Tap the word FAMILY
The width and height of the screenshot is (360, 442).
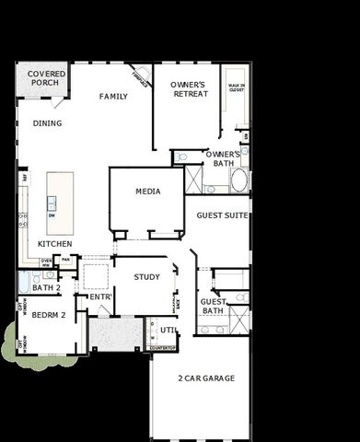(113, 97)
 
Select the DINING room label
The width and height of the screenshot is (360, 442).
(47, 122)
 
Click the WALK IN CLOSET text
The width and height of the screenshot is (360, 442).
(236, 89)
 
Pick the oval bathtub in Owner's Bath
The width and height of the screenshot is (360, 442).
(239, 179)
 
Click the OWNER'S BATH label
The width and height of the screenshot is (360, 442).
(223, 158)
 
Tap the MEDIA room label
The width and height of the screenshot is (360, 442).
(147, 192)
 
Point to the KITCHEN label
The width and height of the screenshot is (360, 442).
(55, 244)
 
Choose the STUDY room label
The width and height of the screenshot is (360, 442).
(146, 276)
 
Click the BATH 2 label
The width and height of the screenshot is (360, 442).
(46, 288)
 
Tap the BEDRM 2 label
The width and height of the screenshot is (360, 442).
(50, 315)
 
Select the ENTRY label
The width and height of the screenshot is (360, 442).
(99, 297)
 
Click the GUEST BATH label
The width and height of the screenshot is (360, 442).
(214, 306)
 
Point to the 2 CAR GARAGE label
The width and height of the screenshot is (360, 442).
(206, 378)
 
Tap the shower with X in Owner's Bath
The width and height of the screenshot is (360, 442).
(194, 178)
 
